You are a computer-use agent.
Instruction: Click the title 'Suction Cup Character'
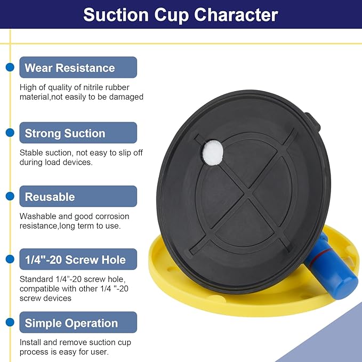coord(181,15)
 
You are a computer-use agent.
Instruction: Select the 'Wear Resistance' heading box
coord(78,67)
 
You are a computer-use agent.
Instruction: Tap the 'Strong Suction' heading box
coord(78,133)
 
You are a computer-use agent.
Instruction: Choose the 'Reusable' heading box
coord(78,196)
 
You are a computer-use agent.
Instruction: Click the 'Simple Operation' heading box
coord(78,323)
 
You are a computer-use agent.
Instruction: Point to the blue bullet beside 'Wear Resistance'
coord(10,67)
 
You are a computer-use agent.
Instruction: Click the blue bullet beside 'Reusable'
coord(10,196)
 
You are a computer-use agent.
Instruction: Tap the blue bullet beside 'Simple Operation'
coord(10,323)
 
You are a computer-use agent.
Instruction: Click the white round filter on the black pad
coord(213,152)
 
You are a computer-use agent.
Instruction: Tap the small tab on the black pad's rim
coord(312,122)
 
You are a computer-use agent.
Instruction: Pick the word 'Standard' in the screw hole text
coord(36,279)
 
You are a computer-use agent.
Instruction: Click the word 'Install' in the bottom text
coord(30,342)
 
